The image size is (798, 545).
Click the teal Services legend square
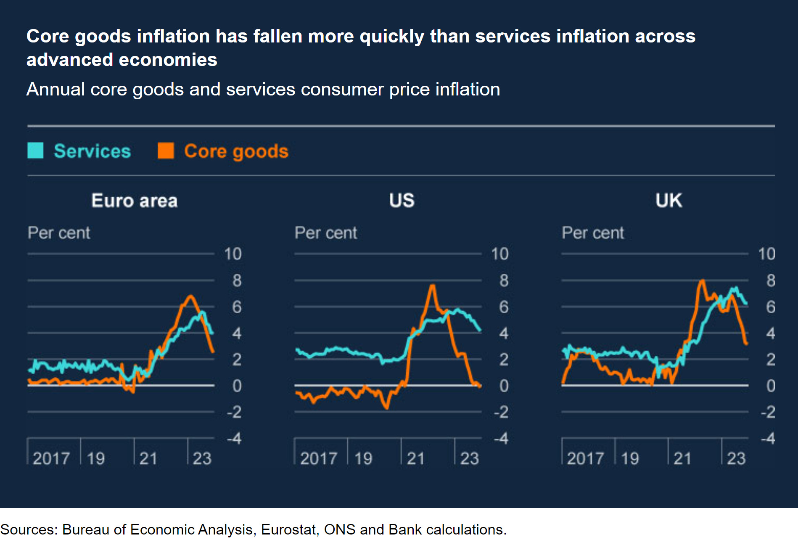(x=35, y=151)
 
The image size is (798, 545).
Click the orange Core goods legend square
(x=166, y=151)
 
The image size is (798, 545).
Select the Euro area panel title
(x=135, y=201)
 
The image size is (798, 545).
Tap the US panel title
(x=402, y=200)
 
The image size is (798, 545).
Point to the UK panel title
(x=669, y=200)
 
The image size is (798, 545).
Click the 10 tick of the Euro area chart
(x=233, y=254)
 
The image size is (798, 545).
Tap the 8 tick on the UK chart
(x=770, y=280)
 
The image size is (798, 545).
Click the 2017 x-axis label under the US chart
(x=318, y=458)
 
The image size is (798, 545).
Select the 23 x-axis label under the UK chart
(x=736, y=458)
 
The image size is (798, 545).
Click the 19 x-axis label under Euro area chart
(x=96, y=458)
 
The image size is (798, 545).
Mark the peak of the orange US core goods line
(x=432, y=286)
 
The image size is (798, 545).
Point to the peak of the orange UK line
(x=702, y=280)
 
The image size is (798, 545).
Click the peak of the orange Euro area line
(x=190, y=296)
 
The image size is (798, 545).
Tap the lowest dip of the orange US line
(x=386, y=408)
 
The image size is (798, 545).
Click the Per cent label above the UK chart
(x=593, y=233)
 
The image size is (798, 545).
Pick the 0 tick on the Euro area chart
(x=237, y=386)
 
